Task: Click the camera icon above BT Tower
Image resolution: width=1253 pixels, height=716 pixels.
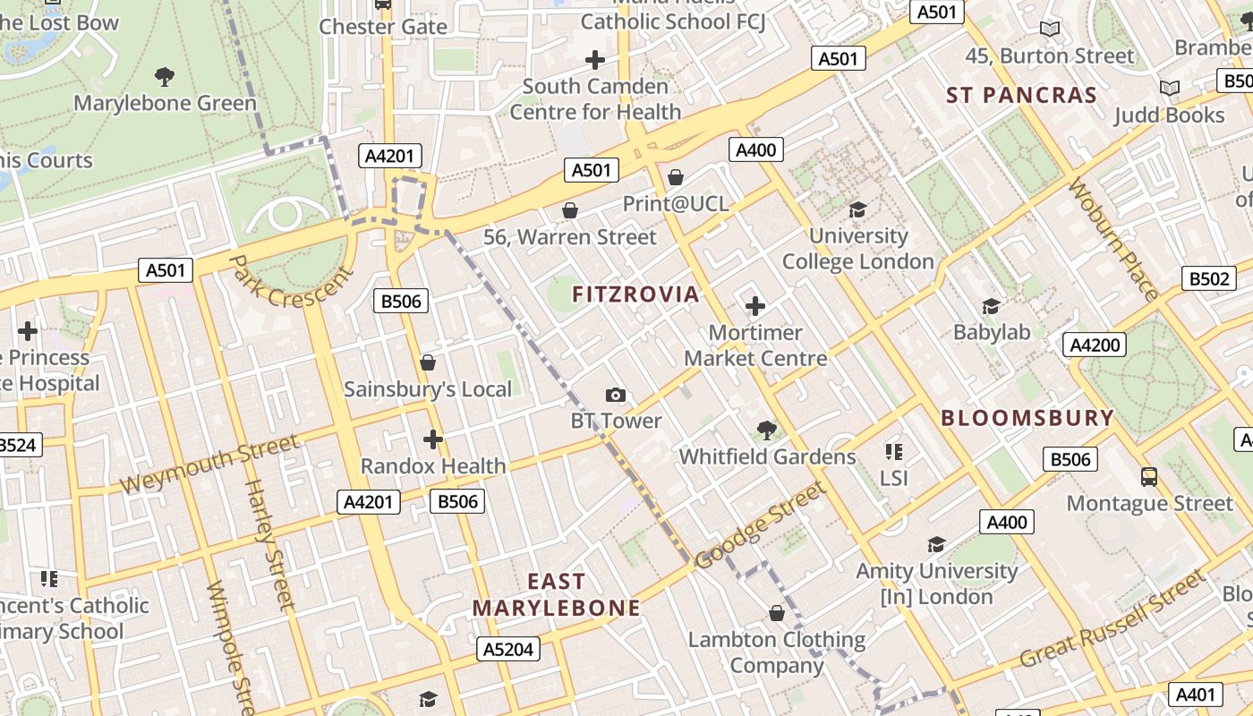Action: click(615, 395)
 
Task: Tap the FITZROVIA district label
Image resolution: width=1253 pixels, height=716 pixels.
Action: click(635, 294)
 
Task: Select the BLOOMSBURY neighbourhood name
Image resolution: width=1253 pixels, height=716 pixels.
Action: click(1027, 418)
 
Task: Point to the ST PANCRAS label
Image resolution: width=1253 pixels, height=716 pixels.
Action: click(1021, 95)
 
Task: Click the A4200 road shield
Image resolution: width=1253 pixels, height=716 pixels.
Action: click(1094, 345)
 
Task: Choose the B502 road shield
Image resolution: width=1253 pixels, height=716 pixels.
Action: click(1208, 278)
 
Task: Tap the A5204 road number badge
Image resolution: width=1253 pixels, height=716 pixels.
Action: click(508, 649)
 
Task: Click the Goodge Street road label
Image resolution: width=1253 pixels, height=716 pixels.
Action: click(758, 526)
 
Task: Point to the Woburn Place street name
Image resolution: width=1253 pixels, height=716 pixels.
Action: click(1113, 239)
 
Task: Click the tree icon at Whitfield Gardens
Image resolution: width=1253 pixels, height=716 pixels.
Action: click(766, 430)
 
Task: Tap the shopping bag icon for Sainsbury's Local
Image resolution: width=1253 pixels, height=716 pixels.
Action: click(428, 362)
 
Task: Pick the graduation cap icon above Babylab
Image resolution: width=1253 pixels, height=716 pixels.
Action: click(991, 307)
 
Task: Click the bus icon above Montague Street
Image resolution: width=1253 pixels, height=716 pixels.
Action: click(1149, 477)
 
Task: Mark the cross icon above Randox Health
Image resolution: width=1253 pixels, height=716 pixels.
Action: click(433, 439)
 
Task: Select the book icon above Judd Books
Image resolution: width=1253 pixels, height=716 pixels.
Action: click(1169, 88)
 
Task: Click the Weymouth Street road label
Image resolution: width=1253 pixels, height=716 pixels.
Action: click(209, 464)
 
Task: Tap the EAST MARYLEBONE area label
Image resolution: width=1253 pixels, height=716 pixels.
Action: click(556, 595)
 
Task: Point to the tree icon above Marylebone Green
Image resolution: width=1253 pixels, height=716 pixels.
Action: click(165, 76)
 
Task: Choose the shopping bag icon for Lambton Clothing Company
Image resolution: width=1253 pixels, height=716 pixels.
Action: click(776, 613)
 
